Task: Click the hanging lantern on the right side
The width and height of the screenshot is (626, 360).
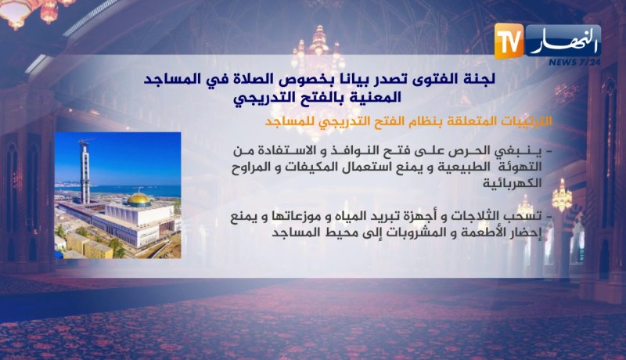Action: [562, 196]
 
